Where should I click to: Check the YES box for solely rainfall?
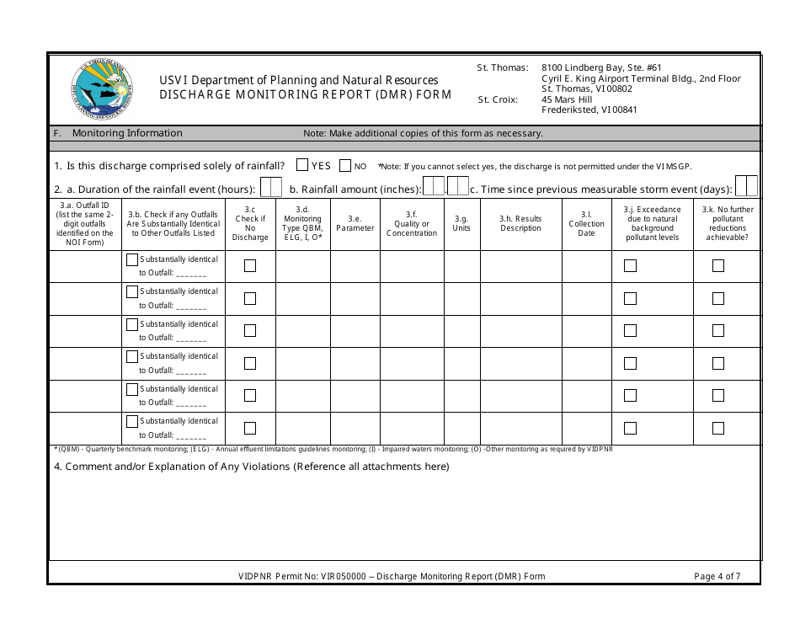[302, 166]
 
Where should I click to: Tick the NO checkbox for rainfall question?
[344, 166]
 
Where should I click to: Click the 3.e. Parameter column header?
[355, 223]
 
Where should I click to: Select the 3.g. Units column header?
[461, 223]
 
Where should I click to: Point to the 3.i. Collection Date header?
[586, 223]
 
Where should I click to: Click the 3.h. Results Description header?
[520, 223]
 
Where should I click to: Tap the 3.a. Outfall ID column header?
[85, 223]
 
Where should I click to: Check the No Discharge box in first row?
[250, 266]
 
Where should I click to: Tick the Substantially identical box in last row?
[132, 421]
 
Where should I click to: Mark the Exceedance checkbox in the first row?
[630, 266]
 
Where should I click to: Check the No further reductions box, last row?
[718, 428]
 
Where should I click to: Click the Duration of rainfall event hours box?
[271, 187]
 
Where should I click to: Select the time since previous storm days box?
[746, 186]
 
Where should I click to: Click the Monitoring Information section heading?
[126, 133]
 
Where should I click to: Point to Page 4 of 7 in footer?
[717, 577]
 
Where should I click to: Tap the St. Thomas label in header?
[503, 67]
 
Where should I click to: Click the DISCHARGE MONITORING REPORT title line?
[306, 94]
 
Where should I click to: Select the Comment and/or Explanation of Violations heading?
[252, 467]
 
